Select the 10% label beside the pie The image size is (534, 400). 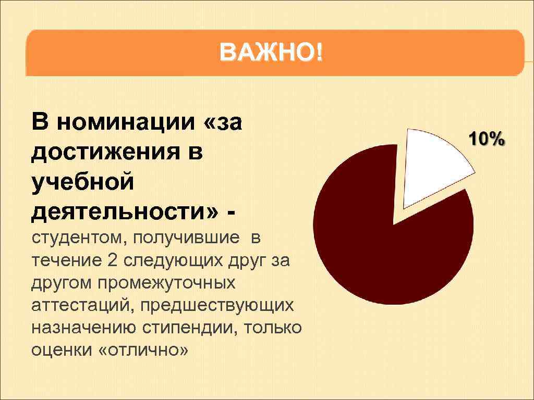point(487,139)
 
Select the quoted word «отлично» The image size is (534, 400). point(143,351)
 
